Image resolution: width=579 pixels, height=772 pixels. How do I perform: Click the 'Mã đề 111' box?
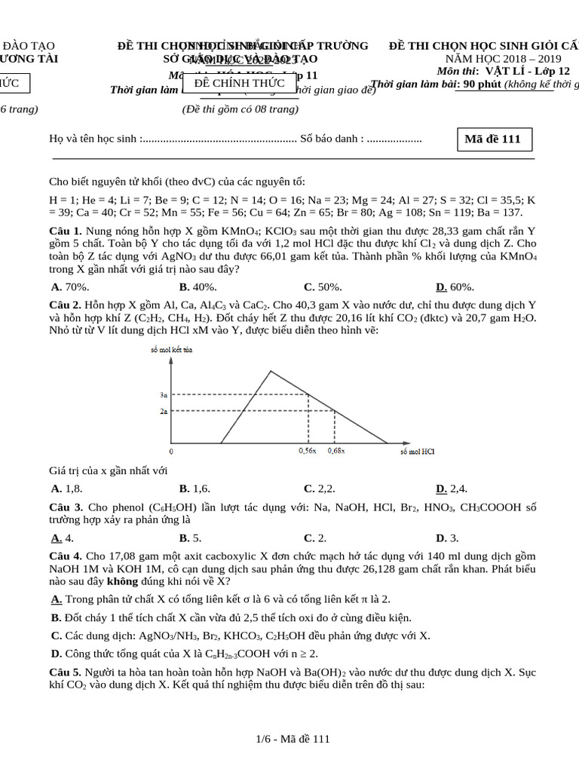(x=495, y=140)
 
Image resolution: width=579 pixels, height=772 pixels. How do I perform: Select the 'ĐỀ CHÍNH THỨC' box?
(x=234, y=84)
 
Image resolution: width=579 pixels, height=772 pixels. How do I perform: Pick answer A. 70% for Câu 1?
(x=70, y=286)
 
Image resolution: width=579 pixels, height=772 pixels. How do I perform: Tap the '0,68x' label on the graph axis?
(x=336, y=451)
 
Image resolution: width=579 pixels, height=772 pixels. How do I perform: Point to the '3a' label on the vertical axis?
(x=164, y=394)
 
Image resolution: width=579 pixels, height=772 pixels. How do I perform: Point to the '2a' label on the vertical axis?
(x=164, y=412)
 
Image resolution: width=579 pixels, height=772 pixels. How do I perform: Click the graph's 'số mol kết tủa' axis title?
(x=171, y=351)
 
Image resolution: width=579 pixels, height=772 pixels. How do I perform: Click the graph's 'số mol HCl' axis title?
(x=417, y=452)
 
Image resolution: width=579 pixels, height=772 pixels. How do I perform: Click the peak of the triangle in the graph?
(x=271, y=370)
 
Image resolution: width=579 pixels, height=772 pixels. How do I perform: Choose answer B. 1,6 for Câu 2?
(x=195, y=488)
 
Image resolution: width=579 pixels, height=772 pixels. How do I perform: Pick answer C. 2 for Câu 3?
(x=314, y=538)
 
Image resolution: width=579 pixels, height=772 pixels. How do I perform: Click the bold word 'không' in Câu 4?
(x=122, y=581)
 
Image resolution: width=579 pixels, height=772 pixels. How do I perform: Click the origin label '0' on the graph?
(x=171, y=452)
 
